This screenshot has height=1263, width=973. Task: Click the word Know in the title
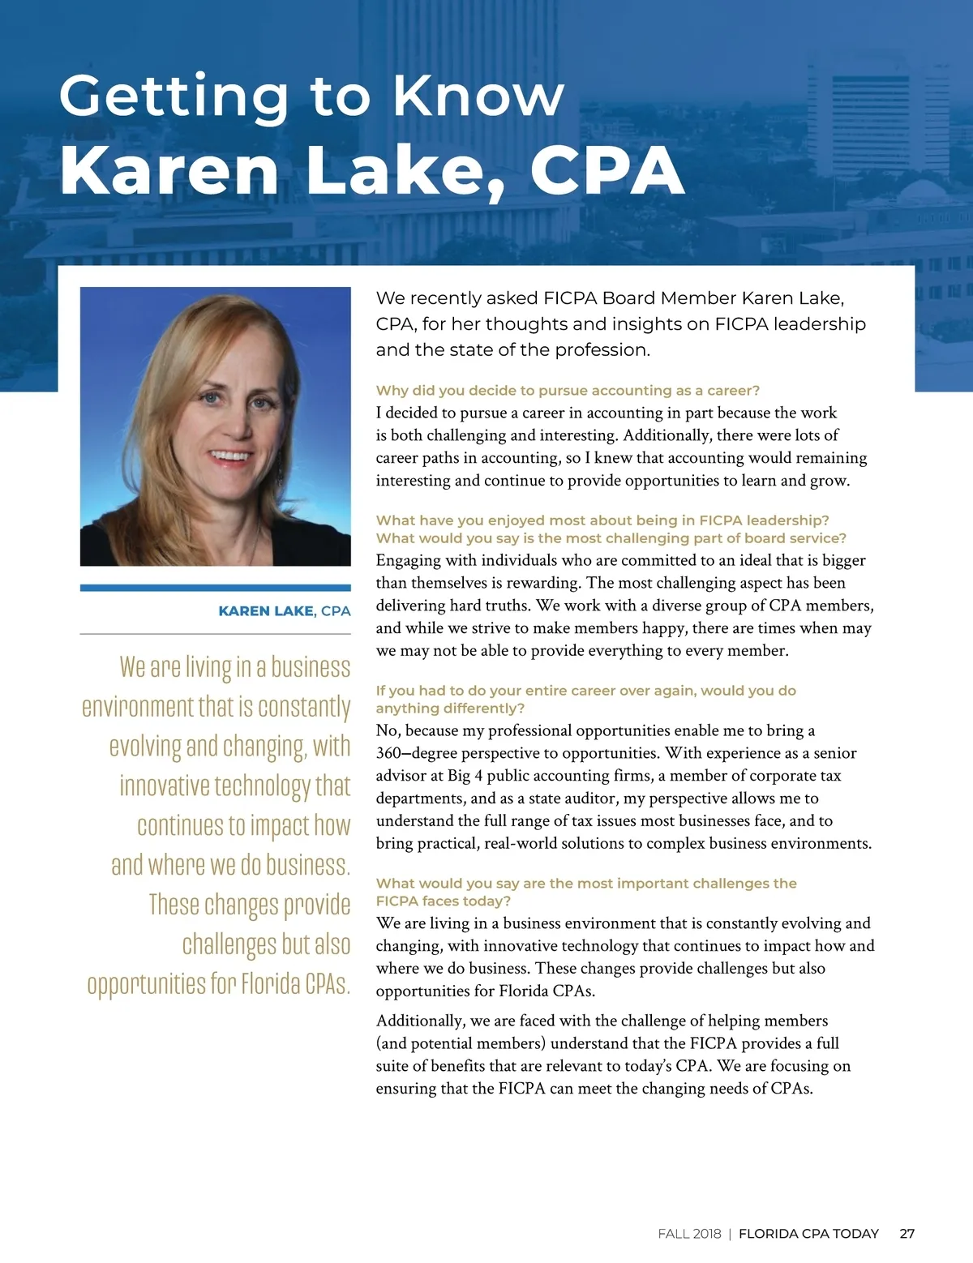point(478,96)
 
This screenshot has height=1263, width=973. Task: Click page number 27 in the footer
point(907,1233)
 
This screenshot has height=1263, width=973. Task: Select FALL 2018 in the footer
point(689,1233)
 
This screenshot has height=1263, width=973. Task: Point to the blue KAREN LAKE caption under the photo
point(266,611)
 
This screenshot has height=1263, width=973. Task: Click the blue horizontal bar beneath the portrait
point(215,588)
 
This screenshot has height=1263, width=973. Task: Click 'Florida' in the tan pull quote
point(269,984)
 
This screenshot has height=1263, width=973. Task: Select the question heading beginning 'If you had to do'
point(585,691)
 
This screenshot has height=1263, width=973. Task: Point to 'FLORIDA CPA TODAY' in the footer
point(808,1233)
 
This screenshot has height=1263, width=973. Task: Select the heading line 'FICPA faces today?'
point(443,901)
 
